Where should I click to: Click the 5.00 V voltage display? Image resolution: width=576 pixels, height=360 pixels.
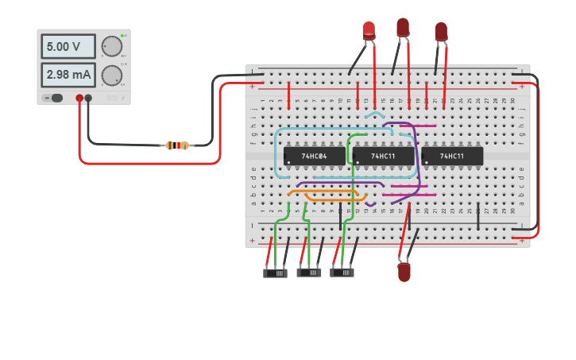68,46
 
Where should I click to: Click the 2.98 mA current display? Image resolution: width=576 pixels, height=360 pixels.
68,75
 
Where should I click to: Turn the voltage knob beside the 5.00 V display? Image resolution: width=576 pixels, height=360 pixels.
112,46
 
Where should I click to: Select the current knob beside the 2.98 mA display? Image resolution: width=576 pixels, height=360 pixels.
112,75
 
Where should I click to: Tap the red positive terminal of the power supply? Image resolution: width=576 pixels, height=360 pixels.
79,99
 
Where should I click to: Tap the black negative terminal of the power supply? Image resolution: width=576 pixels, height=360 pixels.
88,99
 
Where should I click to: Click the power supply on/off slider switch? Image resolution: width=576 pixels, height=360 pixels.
55,99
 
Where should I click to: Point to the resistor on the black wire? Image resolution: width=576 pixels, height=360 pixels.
177,145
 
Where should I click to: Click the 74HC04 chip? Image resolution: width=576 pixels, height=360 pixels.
315,156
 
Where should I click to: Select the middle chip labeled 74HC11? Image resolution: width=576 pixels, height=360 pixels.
383,156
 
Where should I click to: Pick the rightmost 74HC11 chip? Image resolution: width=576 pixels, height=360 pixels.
452,156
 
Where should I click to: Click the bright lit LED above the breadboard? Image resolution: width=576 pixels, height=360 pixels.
369,30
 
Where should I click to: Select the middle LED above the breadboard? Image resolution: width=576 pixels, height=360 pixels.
403,28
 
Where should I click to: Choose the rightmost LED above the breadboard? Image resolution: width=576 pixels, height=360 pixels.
441,32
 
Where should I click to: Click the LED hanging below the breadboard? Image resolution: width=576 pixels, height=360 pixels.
404,272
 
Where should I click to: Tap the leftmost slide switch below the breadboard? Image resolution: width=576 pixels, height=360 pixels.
275,273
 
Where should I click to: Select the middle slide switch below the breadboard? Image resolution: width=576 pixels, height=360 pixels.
309,273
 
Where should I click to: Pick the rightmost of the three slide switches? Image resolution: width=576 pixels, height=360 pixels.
342,273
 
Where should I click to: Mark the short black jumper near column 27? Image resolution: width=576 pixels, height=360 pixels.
478,215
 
